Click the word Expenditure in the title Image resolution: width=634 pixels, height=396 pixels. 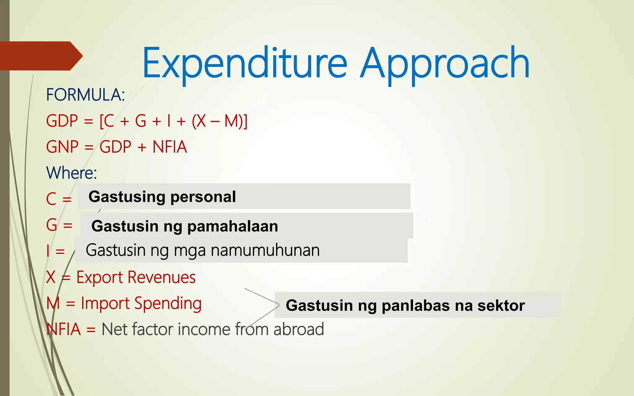pyautogui.click(x=245, y=63)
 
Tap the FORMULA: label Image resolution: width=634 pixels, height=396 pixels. pyautogui.click(x=85, y=95)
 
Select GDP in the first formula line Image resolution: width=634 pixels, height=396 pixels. pyautogui.click(x=62, y=121)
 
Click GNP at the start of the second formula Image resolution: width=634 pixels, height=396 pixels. pyautogui.click(x=62, y=147)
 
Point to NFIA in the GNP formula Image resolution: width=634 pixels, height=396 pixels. pyautogui.click(x=170, y=147)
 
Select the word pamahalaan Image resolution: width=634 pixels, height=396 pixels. pyautogui.click(x=232, y=226)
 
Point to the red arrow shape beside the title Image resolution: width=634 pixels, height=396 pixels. pyautogui.click(x=40, y=56)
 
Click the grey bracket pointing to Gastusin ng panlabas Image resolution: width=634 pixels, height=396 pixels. pyautogui.click(x=263, y=305)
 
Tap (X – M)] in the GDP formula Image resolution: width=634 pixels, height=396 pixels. pyautogui.click(x=220, y=121)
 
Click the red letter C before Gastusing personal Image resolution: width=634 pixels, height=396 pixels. pyautogui.click(x=51, y=199)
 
